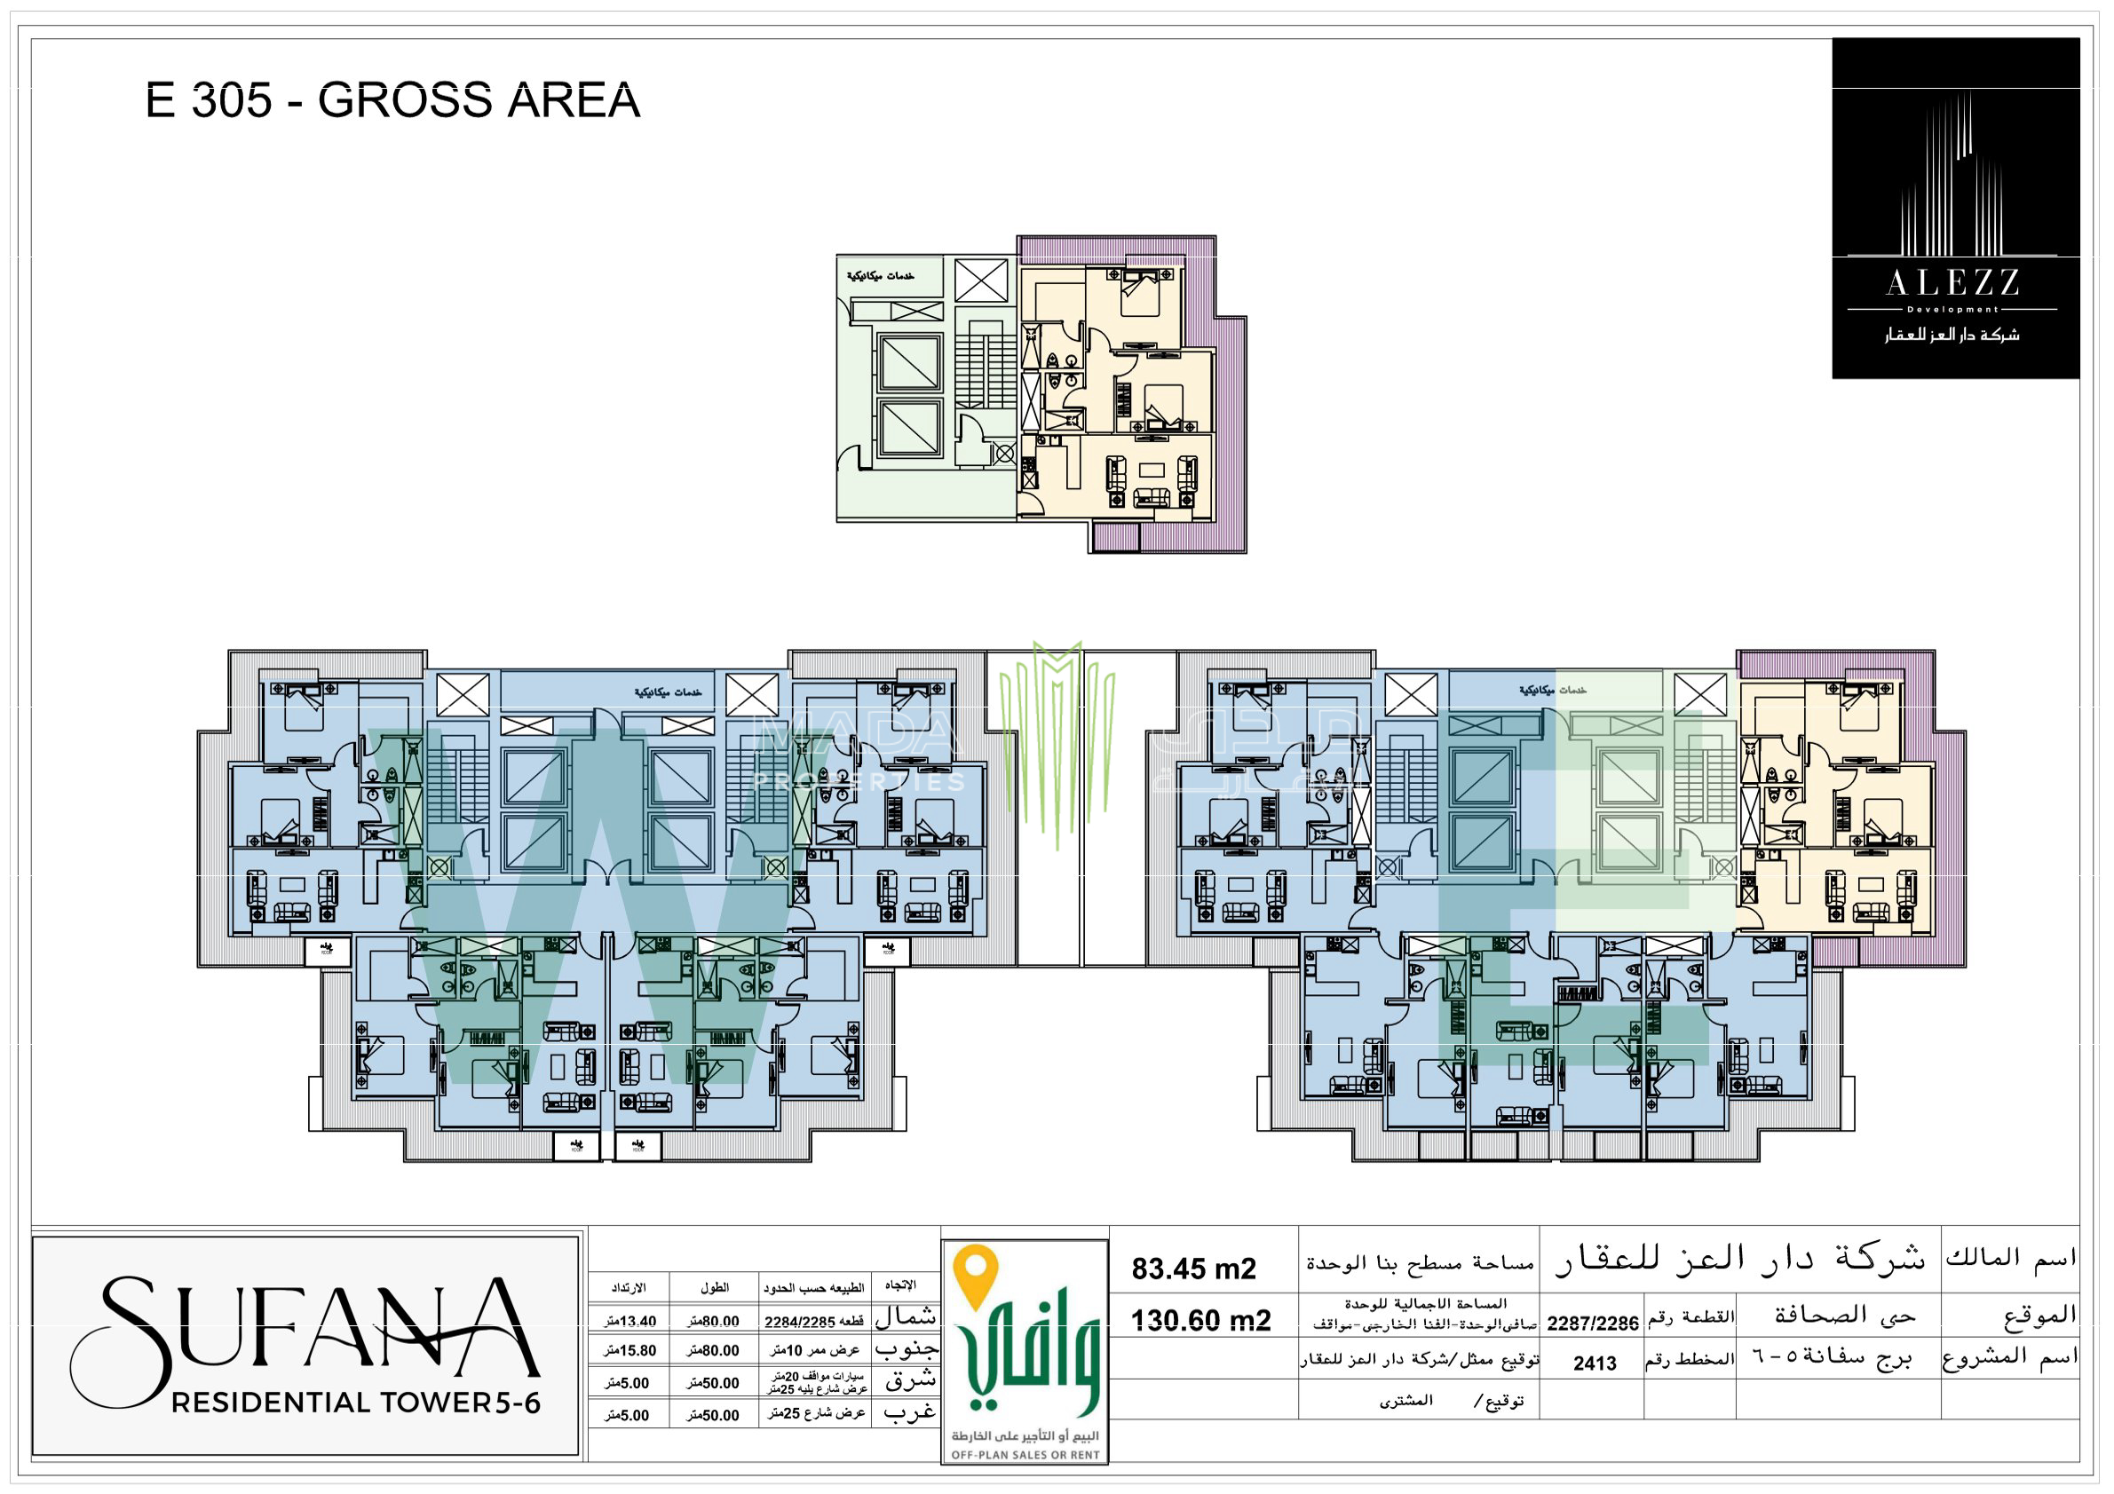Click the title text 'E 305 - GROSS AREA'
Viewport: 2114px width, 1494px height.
[392, 100]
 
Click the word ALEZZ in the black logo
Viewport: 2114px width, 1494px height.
[1953, 283]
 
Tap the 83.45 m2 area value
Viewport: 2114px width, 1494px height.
[1193, 1269]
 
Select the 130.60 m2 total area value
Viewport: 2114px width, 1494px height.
[1200, 1321]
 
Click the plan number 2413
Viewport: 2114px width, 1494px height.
[1595, 1364]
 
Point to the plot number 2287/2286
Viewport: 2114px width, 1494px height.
[1592, 1324]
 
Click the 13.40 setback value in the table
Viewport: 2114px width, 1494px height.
[629, 1322]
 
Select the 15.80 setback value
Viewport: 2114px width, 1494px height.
[629, 1351]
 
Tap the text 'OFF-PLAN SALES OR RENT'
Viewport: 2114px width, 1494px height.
[1025, 1455]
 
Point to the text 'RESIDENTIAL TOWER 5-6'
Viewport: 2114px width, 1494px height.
[355, 1403]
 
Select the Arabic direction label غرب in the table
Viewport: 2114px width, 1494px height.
[909, 1413]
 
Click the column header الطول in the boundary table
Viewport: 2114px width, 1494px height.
[714, 1287]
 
